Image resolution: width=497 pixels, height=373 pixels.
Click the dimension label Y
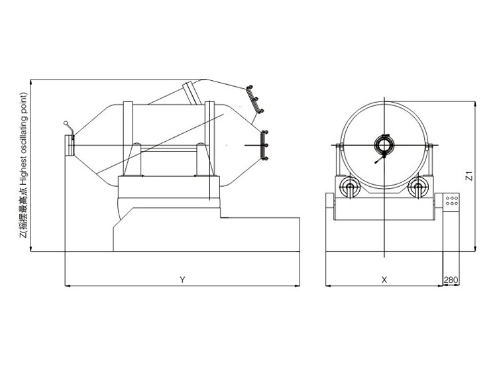click(x=182, y=280)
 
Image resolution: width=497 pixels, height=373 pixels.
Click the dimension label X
click(x=384, y=280)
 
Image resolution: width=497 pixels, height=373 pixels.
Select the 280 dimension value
click(x=451, y=280)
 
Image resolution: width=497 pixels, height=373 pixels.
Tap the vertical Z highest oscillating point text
click(x=23, y=165)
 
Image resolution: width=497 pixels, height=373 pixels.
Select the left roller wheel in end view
click(x=350, y=187)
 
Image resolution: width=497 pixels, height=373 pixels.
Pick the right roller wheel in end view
click(x=418, y=187)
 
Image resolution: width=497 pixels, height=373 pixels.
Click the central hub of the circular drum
click(x=384, y=145)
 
